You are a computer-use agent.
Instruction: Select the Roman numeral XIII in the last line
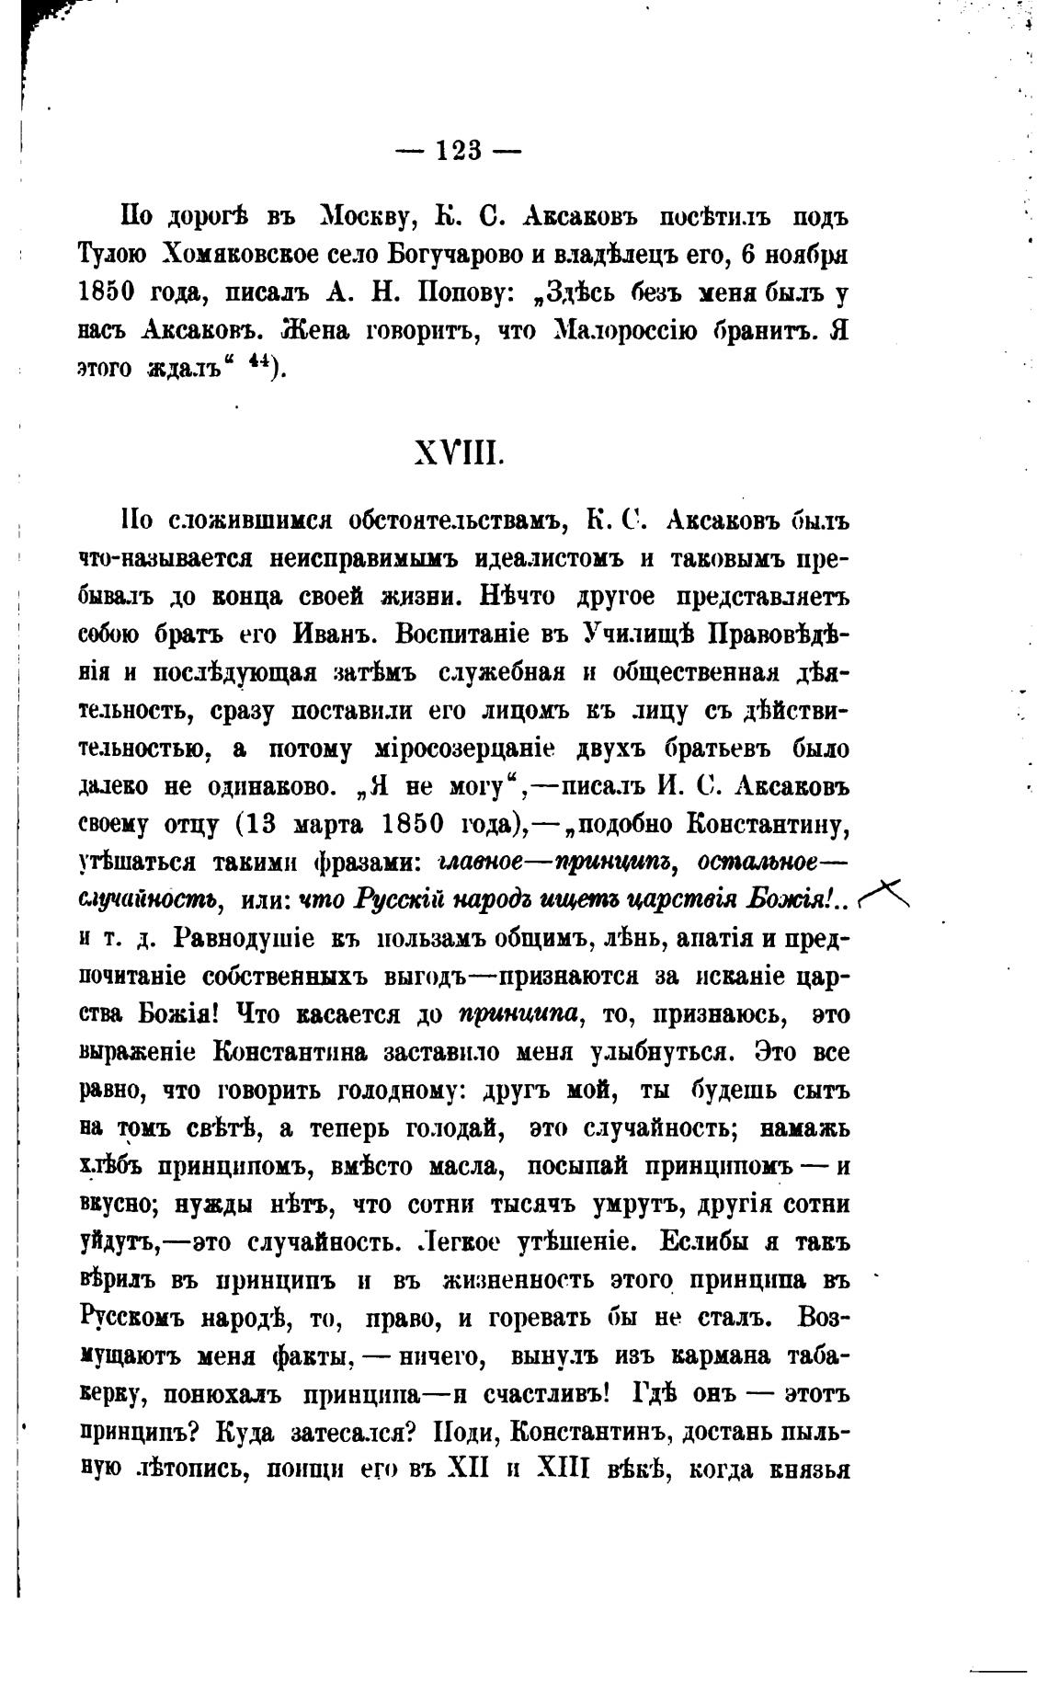(559, 1469)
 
